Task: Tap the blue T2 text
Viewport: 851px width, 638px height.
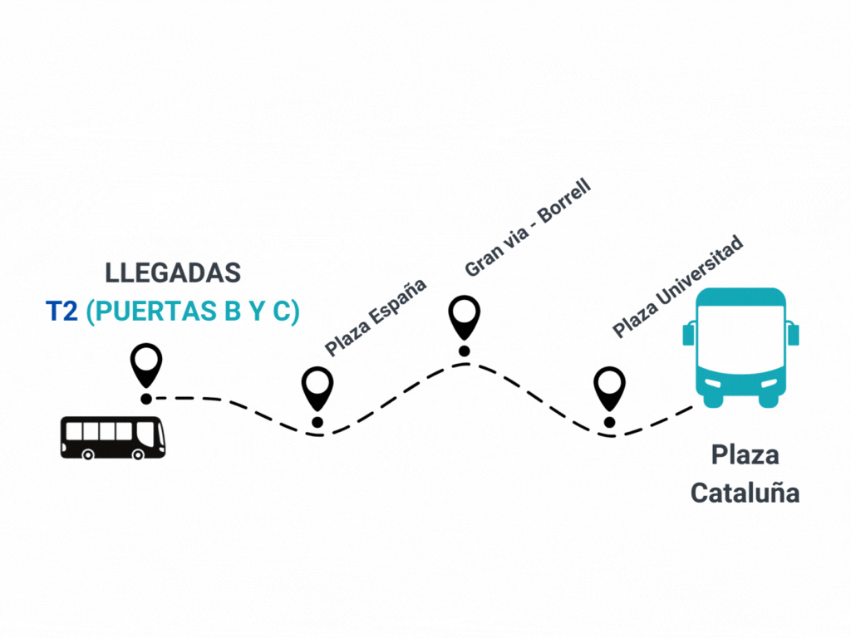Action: point(61,312)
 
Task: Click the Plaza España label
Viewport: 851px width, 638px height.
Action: point(375,317)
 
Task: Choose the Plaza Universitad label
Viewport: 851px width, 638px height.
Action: point(677,287)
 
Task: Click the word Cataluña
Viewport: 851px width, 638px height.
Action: point(745,493)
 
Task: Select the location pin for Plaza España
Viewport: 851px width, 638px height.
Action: point(317,386)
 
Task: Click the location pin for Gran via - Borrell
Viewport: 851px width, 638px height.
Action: point(465,317)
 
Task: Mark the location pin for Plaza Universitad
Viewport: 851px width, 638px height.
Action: point(609,387)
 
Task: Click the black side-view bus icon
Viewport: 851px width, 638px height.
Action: point(112,437)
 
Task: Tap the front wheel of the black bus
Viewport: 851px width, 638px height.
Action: point(137,454)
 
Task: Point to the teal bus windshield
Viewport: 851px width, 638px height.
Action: point(740,336)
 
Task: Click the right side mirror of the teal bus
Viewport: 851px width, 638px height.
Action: point(794,334)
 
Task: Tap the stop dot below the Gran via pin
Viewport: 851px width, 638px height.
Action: point(465,351)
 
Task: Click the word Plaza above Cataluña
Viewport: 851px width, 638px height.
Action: point(745,455)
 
